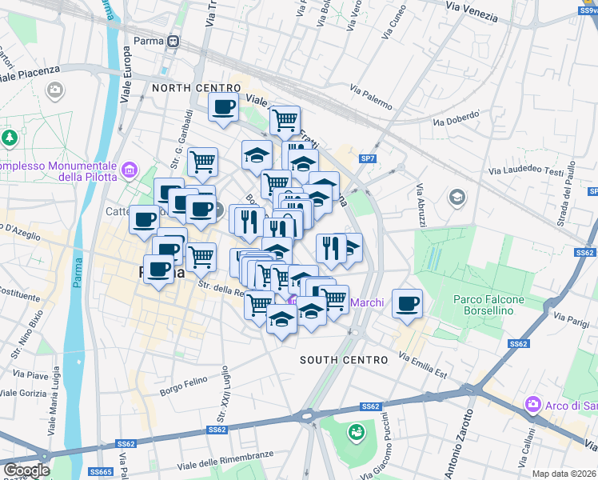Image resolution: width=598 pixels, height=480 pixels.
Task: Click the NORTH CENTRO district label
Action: point(197,88)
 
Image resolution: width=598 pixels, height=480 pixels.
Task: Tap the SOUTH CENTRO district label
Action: point(344,360)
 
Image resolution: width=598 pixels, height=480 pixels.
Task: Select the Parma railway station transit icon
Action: point(173,42)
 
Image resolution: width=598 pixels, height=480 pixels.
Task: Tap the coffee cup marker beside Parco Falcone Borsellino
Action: point(408,304)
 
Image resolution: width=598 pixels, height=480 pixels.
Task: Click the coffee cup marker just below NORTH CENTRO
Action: point(224,107)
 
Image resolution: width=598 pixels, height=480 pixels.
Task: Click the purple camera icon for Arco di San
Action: point(533,406)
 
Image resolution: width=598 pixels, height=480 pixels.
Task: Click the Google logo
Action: point(26,470)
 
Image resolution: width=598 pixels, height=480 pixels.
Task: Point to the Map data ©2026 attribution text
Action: point(564,474)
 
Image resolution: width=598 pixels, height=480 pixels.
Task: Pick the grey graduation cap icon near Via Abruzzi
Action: point(457,197)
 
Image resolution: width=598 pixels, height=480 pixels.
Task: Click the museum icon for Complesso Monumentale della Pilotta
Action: point(129,170)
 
